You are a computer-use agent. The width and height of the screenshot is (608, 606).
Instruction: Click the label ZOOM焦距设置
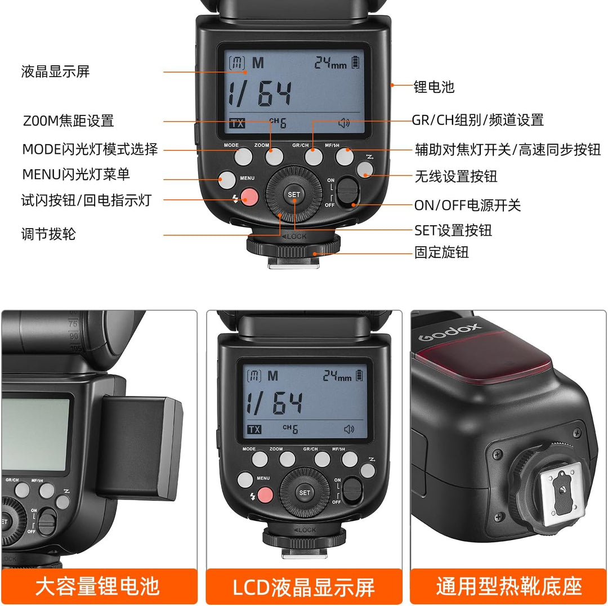coord(68,121)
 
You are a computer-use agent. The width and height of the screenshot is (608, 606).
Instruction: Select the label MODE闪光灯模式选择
coord(90,149)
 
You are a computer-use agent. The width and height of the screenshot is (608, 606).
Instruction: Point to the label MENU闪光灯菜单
coord(76,175)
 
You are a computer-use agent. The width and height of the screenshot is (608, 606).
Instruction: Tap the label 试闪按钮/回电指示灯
coord(86,200)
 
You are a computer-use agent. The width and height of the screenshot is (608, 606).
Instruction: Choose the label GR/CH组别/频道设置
coord(477,120)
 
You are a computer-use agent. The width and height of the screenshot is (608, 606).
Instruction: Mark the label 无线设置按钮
coord(456,176)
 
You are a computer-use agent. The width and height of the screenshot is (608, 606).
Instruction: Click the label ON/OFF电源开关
coord(467,205)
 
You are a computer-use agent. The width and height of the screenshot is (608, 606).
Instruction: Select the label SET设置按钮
coord(453,230)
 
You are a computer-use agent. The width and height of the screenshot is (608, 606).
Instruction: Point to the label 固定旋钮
coord(441,252)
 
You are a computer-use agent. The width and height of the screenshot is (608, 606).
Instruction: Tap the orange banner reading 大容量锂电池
coord(99,586)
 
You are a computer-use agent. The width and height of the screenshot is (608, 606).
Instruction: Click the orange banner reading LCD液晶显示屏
coord(304,586)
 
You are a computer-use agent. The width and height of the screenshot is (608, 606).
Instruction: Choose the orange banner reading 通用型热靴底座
coord(509,586)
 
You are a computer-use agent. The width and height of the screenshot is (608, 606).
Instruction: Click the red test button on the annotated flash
coord(249,197)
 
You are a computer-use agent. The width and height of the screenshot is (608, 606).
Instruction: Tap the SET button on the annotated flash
coord(294,195)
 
